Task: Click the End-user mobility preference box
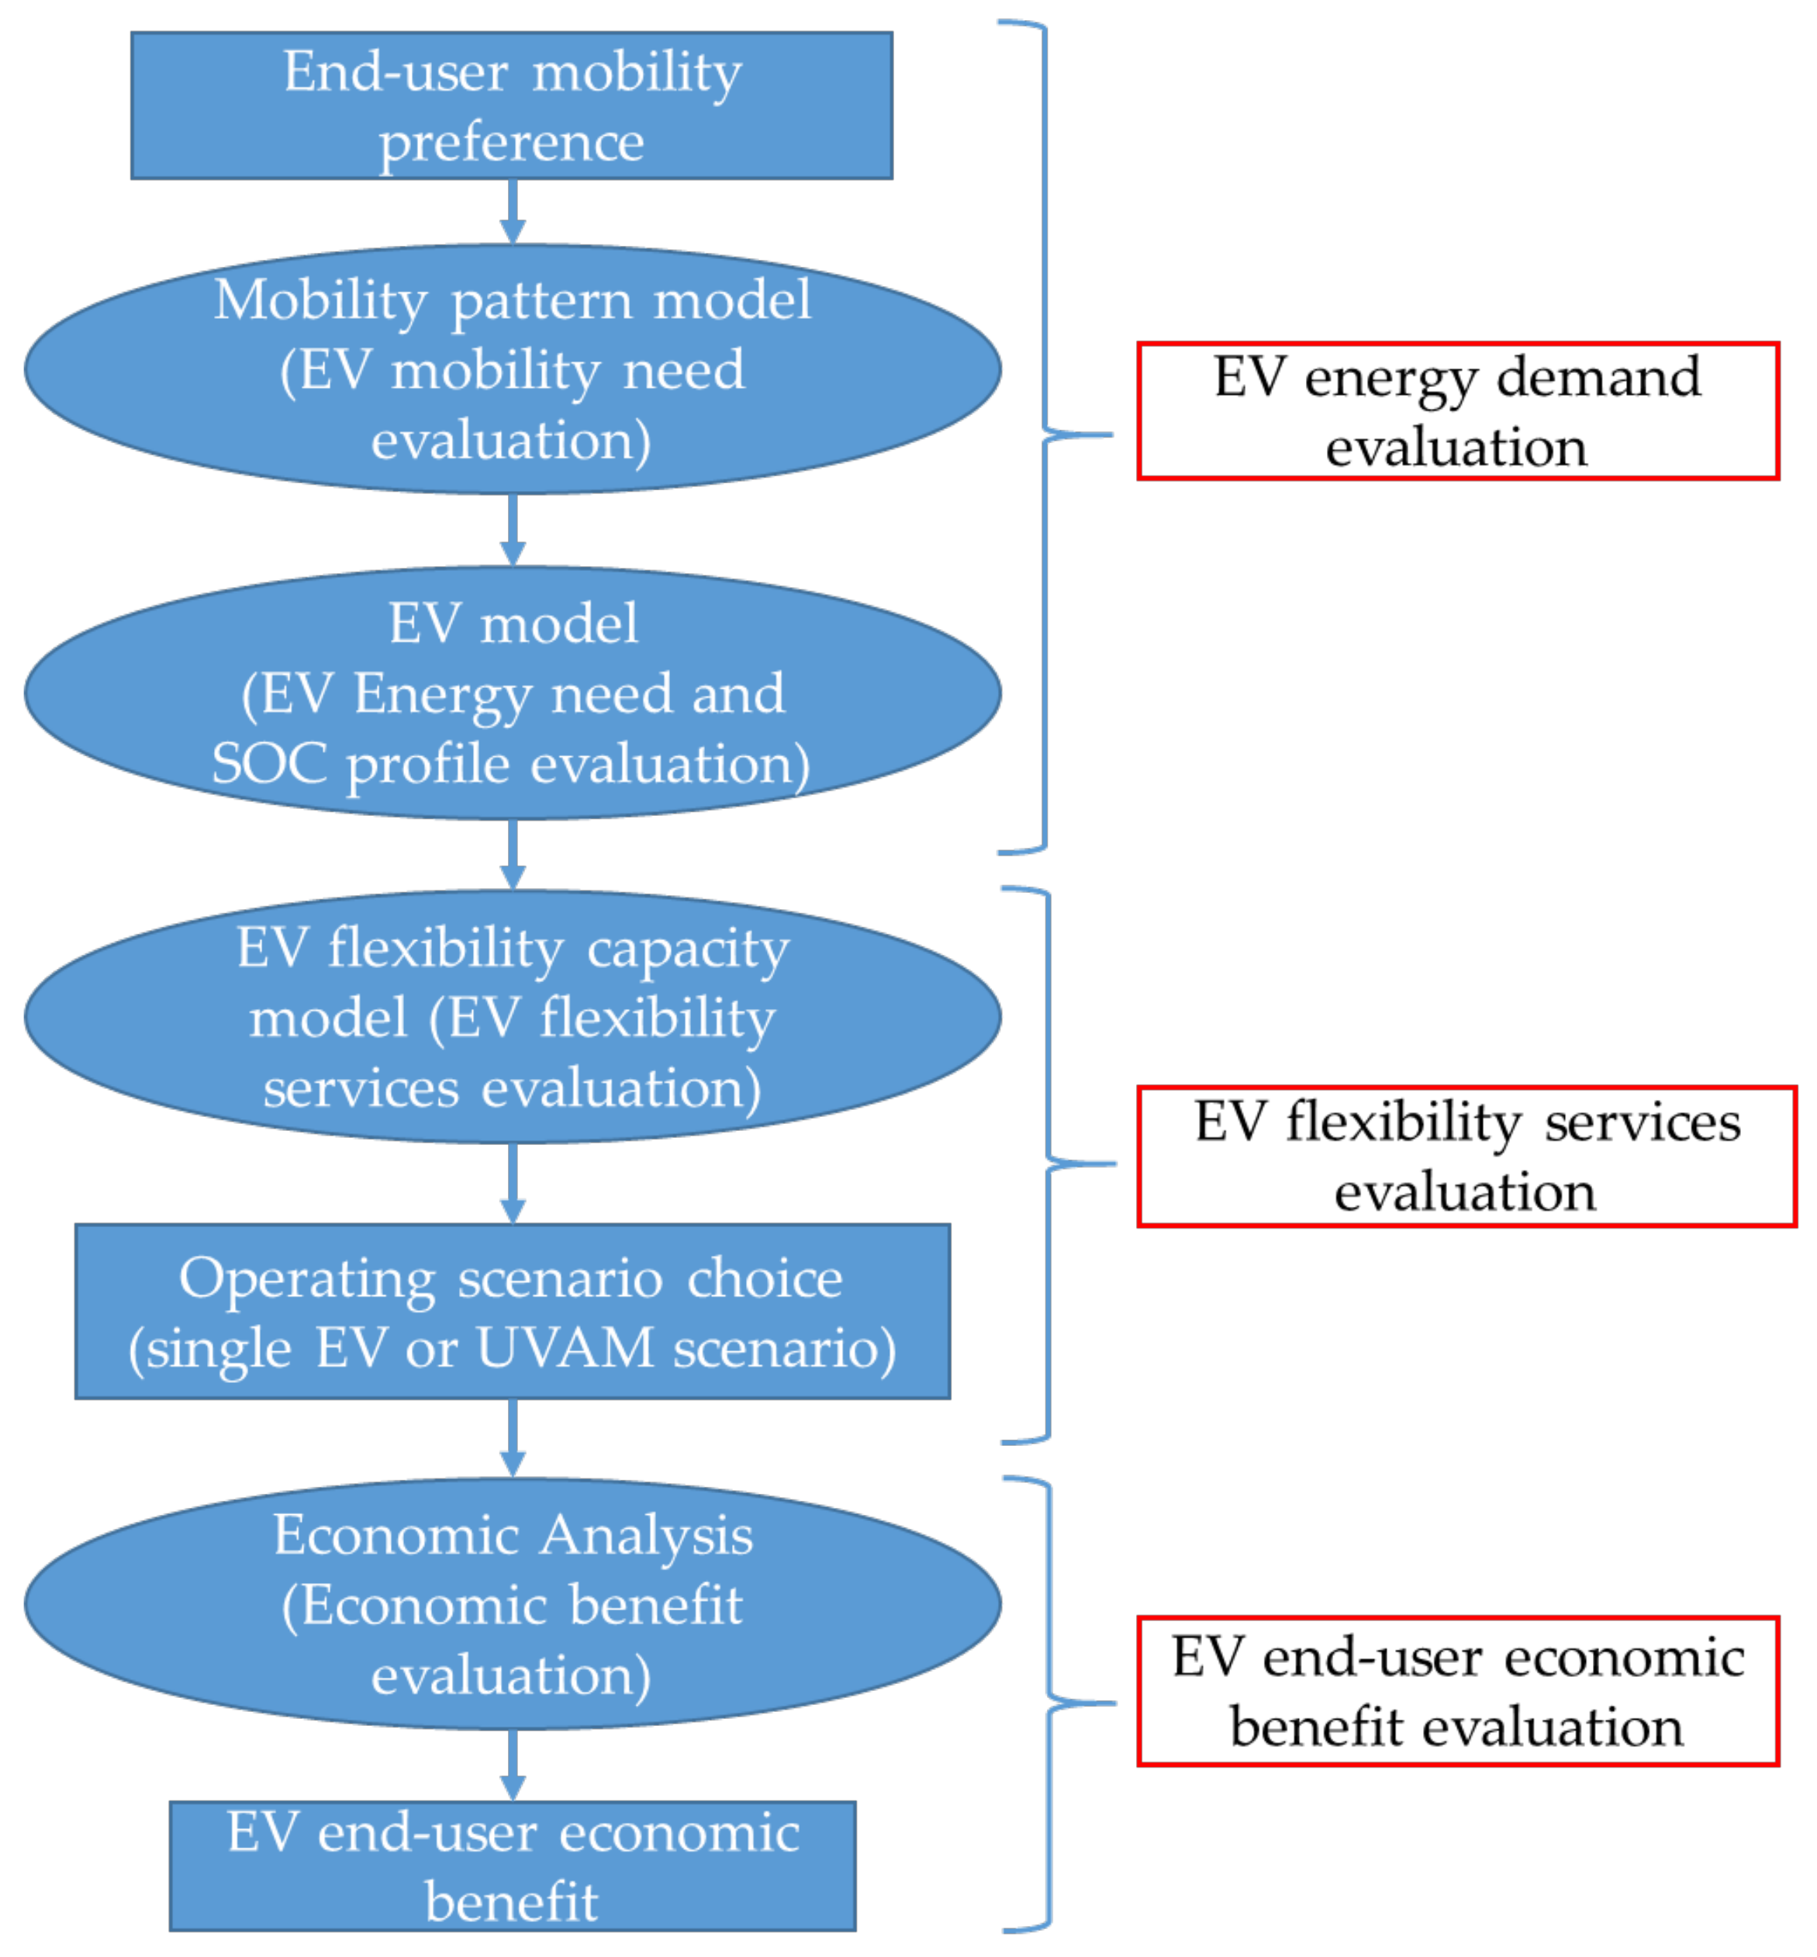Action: tap(511, 105)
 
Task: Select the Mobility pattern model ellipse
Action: tap(511, 368)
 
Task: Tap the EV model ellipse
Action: tap(511, 693)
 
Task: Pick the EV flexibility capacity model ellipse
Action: tap(511, 1016)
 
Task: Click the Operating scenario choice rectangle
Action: tap(511, 1311)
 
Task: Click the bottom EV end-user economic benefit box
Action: tap(511, 1865)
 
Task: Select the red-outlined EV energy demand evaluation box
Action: tap(1457, 411)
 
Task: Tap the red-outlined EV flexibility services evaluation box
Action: tap(1465, 1156)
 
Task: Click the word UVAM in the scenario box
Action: tap(565, 1347)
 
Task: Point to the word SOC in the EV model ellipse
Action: tap(268, 763)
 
